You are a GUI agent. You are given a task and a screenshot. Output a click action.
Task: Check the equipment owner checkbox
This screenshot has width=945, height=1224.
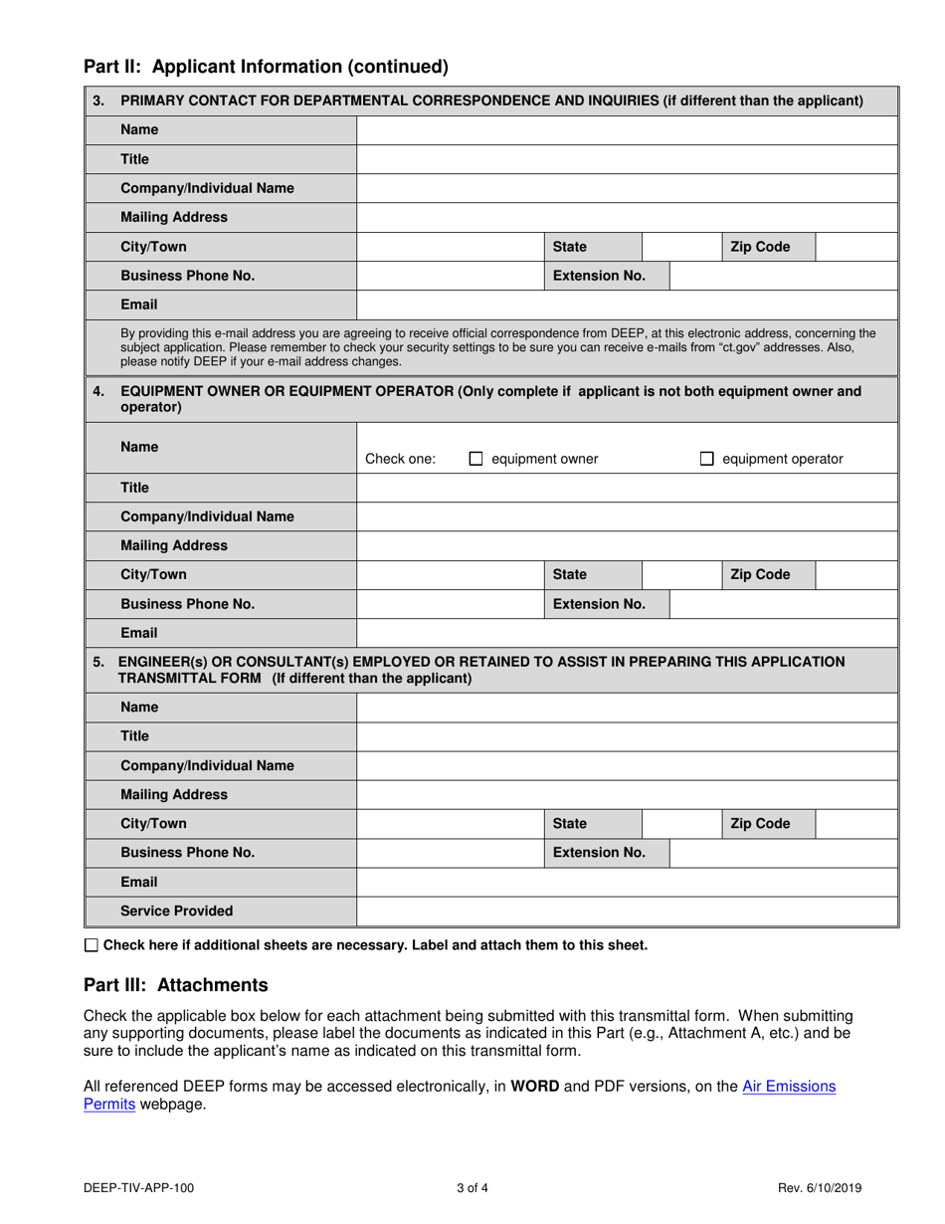pyautogui.click(x=475, y=459)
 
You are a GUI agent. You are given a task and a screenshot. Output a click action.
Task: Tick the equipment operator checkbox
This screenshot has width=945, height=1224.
pyautogui.click(x=706, y=459)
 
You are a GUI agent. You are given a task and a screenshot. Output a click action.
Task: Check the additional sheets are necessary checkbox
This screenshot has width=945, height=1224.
pyautogui.click(x=92, y=945)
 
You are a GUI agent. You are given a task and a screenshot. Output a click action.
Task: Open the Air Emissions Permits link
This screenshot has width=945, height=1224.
pyautogui.click(x=789, y=1087)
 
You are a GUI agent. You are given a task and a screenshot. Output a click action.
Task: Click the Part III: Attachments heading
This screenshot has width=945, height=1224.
pyautogui.click(x=175, y=985)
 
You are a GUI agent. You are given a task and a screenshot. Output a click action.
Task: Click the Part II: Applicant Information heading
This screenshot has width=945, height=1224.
pyautogui.click(x=266, y=67)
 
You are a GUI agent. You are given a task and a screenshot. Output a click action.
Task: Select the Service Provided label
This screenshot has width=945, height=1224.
pyautogui.click(x=176, y=911)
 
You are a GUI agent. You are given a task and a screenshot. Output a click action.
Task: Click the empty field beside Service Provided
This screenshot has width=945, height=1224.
pyautogui.click(x=626, y=911)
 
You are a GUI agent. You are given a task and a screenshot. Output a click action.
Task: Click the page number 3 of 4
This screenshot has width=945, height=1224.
pyautogui.click(x=472, y=1187)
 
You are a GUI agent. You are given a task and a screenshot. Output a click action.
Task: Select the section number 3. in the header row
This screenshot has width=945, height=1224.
pyautogui.click(x=97, y=101)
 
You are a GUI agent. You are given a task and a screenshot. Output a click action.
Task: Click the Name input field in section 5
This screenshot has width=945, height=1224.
pyautogui.click(x=626, y=708)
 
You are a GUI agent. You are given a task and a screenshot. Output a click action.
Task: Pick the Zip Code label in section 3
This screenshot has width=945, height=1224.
pyautogui.click(x=760, y=247)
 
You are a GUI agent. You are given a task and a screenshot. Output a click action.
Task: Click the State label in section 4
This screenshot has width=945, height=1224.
pyautogui.click(x=570, y=574)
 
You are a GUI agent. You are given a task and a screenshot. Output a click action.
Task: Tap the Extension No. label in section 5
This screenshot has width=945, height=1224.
pyautogui.click(x=599, y=853)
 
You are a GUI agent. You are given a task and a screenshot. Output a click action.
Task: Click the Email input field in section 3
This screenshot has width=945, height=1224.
pyautogui.click(x=626, y=305)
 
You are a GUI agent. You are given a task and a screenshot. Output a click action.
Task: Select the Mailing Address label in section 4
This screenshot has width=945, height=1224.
pyautogui.click(x=173, y=545)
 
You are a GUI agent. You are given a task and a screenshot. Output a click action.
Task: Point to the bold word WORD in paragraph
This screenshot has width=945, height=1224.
pyautogui.click(x=534, y=1087)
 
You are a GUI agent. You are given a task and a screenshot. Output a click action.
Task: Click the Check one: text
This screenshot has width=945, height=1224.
pyautogui.click(x=400, y=459)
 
